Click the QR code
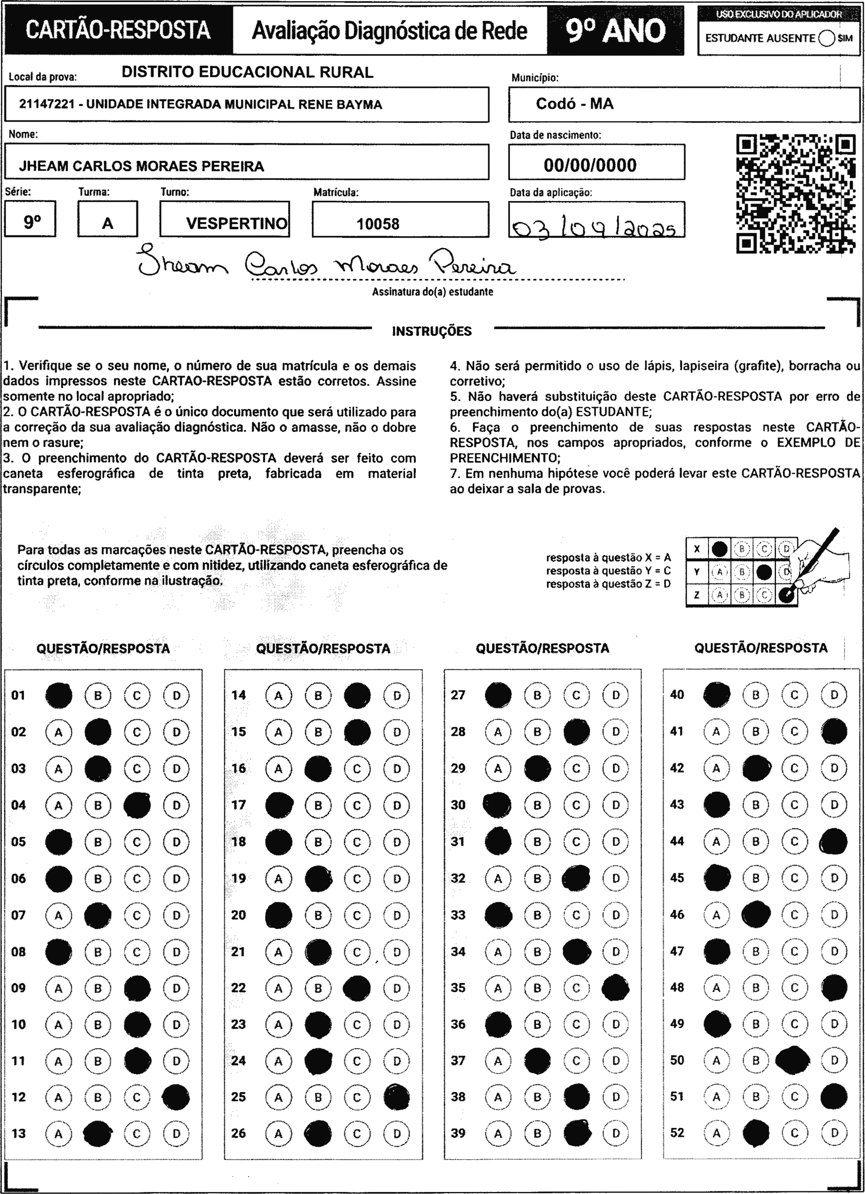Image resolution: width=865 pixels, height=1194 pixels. [795, 194]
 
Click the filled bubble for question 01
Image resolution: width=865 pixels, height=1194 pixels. [58, 695]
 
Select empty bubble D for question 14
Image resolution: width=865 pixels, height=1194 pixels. [397, 695]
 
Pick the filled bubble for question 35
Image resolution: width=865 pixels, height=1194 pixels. [615, 988]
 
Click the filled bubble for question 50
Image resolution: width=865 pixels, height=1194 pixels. [793, 1060]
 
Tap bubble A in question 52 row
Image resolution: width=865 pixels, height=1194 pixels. [716, 1133]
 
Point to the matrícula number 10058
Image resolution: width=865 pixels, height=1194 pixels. [378, 224]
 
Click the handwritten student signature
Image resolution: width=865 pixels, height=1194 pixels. [326, 263]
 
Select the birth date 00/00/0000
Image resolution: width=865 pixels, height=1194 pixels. [590, 165]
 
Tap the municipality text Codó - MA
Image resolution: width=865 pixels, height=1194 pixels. [575, 104]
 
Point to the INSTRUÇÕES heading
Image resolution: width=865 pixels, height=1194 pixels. [432, 331]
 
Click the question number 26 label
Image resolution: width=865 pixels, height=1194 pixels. [238, 1133]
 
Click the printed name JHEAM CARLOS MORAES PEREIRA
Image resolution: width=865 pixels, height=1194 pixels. [142, 166]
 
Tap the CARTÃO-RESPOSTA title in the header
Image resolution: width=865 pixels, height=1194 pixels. [118, 30]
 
